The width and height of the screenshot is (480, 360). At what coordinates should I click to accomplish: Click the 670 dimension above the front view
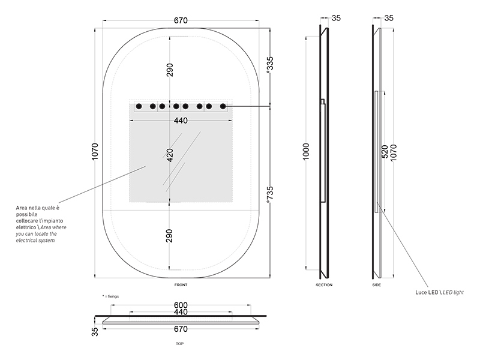(181, 20)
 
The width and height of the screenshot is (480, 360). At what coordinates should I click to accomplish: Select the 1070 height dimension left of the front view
(95, 151)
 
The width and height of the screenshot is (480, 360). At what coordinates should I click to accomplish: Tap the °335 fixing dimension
(270, 65)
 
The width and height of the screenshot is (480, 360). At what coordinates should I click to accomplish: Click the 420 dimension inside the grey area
(170, 155)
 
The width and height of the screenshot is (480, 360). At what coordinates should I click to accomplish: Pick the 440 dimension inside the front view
(181, 121)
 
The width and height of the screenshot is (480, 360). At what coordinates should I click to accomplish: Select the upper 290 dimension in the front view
(170, 70)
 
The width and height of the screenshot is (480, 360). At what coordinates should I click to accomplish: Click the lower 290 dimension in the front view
(170, 236)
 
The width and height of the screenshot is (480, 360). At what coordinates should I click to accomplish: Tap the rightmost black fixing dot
(223, 107)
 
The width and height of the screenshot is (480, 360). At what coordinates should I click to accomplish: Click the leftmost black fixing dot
(139, 107)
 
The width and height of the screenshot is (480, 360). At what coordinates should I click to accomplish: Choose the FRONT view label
(181, 285)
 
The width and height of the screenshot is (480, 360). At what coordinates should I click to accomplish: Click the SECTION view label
(324, 285)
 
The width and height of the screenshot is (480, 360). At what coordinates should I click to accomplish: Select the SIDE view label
(377, 285)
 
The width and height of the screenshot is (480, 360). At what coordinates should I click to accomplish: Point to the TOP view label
(179, 344)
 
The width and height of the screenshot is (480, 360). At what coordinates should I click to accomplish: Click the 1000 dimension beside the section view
(306, 151)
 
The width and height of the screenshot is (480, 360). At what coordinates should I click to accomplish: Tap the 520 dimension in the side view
(385, 152)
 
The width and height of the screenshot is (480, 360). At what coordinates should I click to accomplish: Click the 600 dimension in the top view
(181, 305)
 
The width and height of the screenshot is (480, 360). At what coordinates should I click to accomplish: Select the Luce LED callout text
(439, 292)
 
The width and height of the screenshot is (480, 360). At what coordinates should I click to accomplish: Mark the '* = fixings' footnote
(110, 296)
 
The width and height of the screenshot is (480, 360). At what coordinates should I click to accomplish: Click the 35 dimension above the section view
(336, 18)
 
